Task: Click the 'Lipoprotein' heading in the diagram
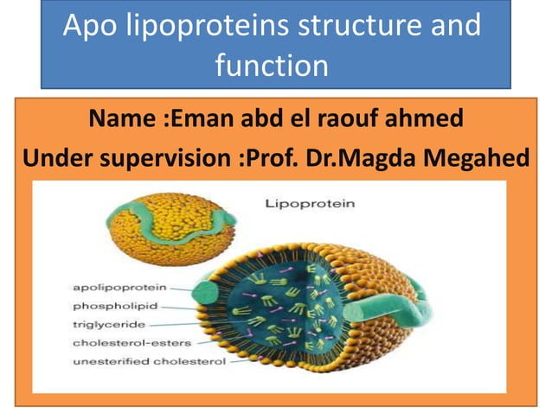(x=297, y=205)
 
